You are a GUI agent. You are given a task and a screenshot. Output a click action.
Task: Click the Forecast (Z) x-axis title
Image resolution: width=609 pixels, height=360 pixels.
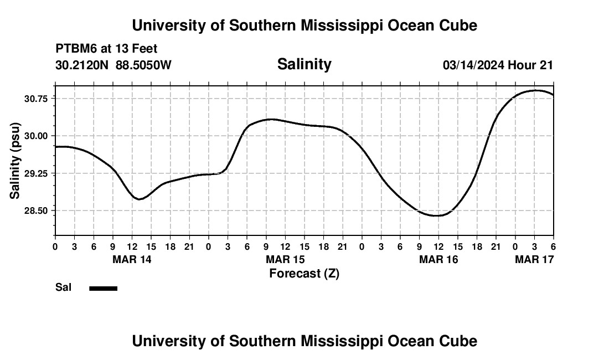pos(304,273)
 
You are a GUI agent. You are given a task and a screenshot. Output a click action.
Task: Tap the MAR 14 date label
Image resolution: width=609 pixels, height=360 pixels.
pos(132,259)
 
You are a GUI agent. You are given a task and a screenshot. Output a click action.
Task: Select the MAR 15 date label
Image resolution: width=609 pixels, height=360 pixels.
pos(285,259)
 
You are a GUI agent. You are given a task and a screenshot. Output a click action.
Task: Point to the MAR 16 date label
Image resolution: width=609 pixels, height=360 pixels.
pos(438,259)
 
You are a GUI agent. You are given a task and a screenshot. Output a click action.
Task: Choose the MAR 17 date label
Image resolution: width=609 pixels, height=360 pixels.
pos(534,259)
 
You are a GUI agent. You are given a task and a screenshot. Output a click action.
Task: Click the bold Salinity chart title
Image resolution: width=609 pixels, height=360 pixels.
pos(304,64)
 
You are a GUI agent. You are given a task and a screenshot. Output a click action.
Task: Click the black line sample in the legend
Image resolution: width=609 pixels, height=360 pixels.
pos(103,288)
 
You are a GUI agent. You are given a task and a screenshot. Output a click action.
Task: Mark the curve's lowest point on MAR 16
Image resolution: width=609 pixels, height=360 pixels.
pos(438,215)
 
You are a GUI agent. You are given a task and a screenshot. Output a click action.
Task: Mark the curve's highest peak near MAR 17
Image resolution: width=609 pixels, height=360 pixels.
pos(535,90)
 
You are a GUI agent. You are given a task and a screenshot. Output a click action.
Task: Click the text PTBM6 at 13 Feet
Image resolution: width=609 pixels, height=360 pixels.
pos(106,49)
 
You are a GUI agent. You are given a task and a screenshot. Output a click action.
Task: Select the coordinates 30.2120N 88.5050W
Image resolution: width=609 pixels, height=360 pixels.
pos(113,65)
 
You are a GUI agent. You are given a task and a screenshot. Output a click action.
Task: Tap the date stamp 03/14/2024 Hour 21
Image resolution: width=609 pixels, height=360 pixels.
pos(498,65)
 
